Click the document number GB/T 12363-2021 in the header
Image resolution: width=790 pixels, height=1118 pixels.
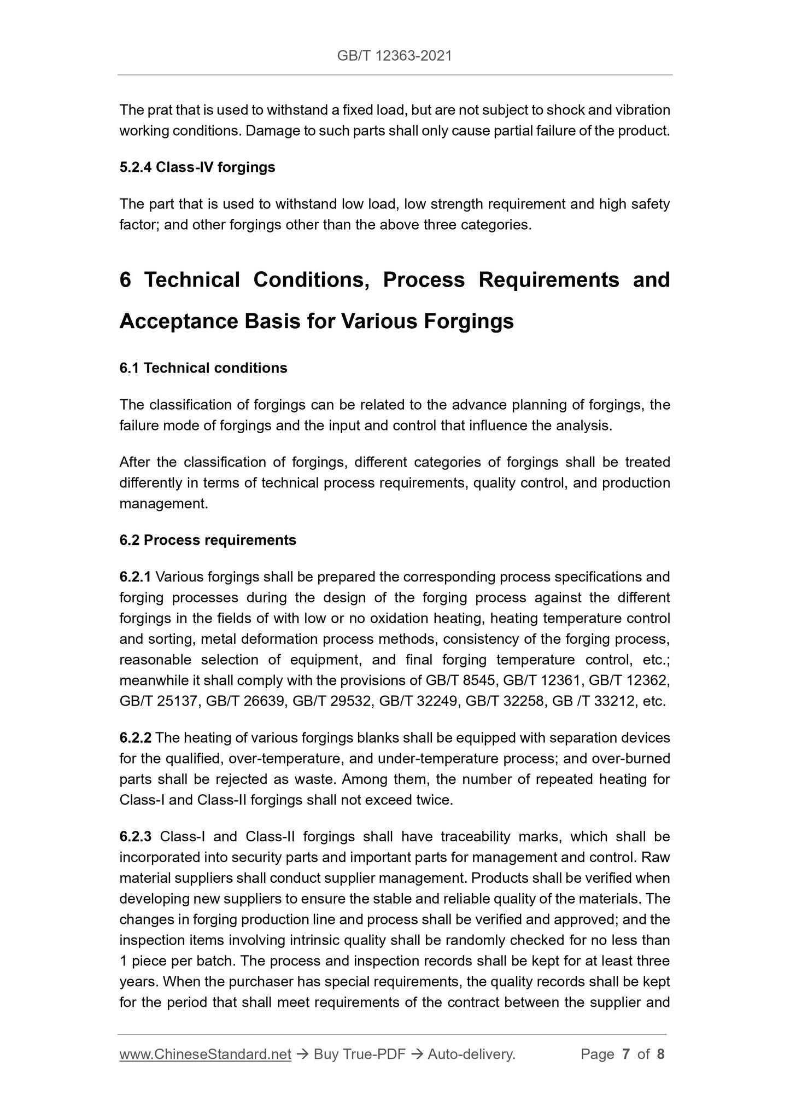click(x=394, y=55)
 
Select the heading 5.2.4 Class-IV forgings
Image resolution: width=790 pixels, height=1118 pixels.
click(x=197, y=167)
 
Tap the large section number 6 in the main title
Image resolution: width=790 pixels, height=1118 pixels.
click(x=125, y=280)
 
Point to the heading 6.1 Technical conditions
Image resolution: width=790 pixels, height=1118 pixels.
click(x=203, y=368)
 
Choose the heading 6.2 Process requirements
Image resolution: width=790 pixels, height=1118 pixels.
click(x=208, y=540)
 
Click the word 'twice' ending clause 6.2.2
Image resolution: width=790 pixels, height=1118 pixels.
click(x=435, y=800)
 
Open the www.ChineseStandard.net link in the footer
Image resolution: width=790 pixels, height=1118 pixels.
click(x=205, y=1054)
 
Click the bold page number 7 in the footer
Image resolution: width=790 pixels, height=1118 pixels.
click(x=625, y=1054)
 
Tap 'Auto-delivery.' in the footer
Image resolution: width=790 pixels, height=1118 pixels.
click(x=471, y=1054)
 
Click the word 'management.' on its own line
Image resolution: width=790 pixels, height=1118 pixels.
click(x=163, y=504)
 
